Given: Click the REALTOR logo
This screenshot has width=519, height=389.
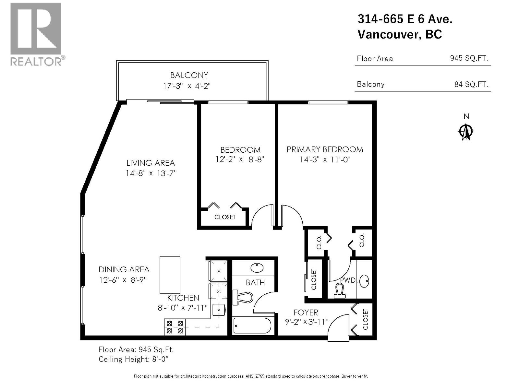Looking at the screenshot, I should coord(36,34).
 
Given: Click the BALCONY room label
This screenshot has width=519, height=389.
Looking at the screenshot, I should coord(189,75).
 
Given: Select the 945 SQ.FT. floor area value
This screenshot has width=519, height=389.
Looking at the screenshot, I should coord(469,58).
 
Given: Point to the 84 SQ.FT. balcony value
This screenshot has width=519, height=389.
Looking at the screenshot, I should coord(471,84).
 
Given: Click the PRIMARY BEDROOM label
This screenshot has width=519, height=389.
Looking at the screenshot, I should coord(325,149).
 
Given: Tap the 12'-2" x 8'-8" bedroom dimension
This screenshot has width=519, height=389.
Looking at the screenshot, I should coord(240,159).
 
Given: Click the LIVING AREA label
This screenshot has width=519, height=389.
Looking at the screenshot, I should coord(151,163).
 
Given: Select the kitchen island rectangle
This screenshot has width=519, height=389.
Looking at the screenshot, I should coord(170,275).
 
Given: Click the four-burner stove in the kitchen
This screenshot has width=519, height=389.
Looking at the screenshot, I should coord(175,327).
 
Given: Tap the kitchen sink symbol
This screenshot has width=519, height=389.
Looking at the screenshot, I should coord(219,310).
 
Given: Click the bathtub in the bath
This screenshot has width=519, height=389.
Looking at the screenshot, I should coord(252,325).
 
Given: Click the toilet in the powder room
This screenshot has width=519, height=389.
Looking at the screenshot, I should coord(339,290).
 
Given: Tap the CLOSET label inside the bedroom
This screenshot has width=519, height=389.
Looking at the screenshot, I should coord(224,217).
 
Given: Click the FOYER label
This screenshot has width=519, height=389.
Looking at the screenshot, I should coord(306,312).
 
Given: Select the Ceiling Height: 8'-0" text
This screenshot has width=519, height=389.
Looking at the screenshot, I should coord(133,359).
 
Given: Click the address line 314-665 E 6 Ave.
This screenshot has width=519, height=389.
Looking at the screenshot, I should coord(405,19).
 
